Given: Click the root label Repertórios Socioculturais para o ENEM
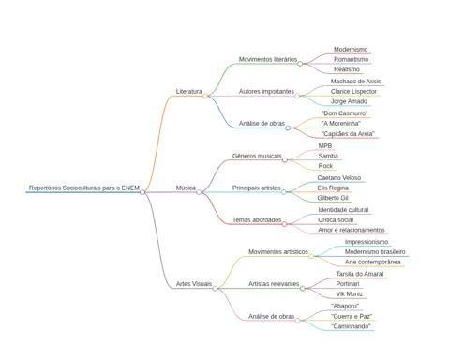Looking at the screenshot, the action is pyautogui.click(x=84, y=187).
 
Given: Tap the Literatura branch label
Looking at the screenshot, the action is pyautogui.click(x=189, y=91).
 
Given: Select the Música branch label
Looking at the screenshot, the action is pyautogui.click(x=186, y=187).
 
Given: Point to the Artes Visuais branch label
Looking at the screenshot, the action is pyautogui.click(x=194, y=284).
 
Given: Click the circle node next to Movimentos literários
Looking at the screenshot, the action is pyautogui.click(x=300, y=64).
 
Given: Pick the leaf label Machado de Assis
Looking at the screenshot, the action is pyautogui.click(x=355, y=82).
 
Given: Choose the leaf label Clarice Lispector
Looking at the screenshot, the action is pyautogui.click(x=353, y=91).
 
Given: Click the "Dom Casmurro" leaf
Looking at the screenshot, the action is pyautogui.click(x=344, y=113).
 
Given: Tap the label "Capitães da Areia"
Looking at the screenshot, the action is pyautogui.click(x=348, y=134).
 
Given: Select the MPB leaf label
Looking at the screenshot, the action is pyautogui.click(x=325, y=146).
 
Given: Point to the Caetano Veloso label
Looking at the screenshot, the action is pyautogui.click(x=339, y=178).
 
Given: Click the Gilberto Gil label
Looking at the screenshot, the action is pyautogui.click(x=333, y=198).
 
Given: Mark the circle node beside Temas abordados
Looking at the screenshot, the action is pyautogui.click(x=284, y=224).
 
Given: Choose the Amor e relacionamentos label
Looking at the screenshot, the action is pyautogui.click(x=352, y=230).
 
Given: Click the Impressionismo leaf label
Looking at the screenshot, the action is pyautogui.click(x=367, y=242).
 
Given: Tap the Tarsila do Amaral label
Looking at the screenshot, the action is pyautogui.click(x=360, y=274).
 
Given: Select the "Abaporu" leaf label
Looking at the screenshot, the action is pyautogui.click(x=345, y=306).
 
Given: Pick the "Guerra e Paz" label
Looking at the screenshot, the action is pyautogui.click(x=352, y=316).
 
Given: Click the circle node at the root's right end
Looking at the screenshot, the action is pyautogui.click(x=142, y=192).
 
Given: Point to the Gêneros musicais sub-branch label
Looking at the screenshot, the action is pyautogui.click(x=257, y=156).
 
